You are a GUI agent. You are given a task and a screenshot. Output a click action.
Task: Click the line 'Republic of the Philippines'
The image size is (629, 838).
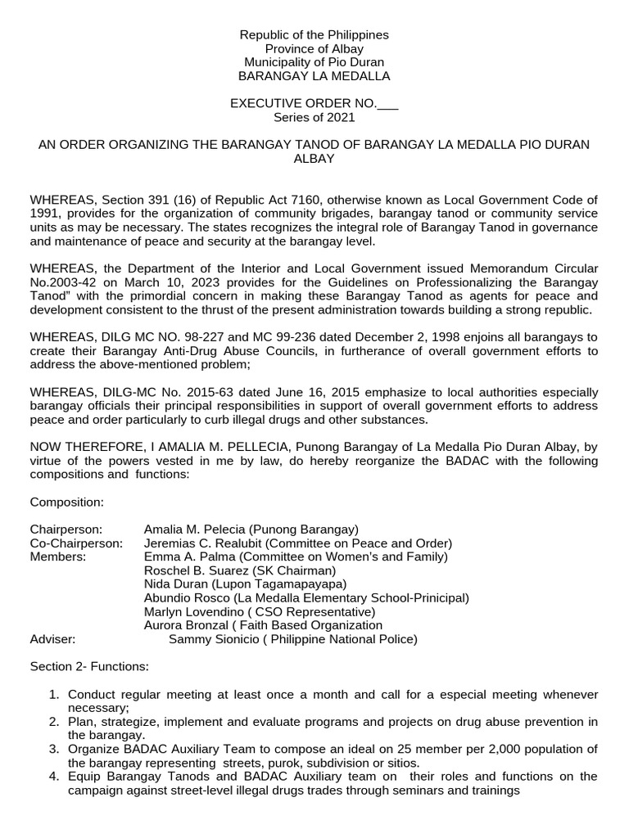[x=314, y=35]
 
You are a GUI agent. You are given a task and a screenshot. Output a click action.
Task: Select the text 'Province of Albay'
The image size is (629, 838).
[x=314, y=49]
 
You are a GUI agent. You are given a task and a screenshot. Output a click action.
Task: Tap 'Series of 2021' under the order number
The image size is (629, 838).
[x=314, y=117]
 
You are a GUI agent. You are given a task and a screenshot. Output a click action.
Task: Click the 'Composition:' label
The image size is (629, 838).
[x=66, y=502]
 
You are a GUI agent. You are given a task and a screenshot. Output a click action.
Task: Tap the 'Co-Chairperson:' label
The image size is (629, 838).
[x=76, y=543]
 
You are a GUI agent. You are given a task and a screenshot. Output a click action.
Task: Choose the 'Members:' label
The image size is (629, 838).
[x=58, y=556]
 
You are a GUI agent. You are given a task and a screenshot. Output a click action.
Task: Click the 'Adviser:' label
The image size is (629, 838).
[x=52, y=639]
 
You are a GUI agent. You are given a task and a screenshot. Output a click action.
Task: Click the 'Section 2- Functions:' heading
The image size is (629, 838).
[x=89, y=667]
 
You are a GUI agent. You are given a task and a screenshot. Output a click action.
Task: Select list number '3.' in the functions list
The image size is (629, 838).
[x=53, y=750]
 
